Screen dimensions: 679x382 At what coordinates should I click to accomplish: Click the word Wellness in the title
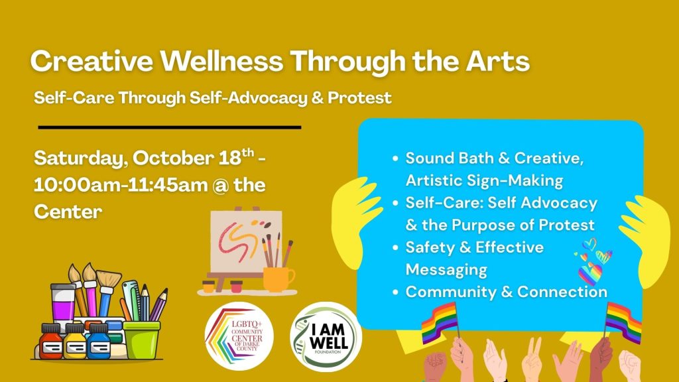pyautogui.click(x=221, y=60)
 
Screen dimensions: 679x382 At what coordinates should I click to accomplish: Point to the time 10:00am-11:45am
pyautogui.click(x=121, y=185)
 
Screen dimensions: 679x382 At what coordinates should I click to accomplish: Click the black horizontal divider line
pyautogui.click(x=170, y=127)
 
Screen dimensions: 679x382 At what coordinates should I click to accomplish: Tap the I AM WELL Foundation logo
pyautogui.click(x=326, y=337)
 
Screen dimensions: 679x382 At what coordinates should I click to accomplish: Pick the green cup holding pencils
pyautogui.click(x=141, y=340)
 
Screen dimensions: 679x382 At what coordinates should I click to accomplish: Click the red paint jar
pyautogui.click(x=51, y=342)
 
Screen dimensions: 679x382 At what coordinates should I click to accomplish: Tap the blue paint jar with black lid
pyautogui.click(x=98, y=342)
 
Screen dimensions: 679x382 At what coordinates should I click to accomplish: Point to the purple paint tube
pyautogui.click(x=63, y=303)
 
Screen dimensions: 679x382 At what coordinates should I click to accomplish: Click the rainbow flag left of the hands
pyautogui.click(x=439, y=322)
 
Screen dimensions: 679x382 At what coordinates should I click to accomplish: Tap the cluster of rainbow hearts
pyautogui.click(x=593, y=261)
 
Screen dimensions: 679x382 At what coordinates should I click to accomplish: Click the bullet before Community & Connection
pyautogui.click(x=395, y=292)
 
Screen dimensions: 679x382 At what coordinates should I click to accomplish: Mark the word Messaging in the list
pyautogui.click(x=446, y=270)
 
